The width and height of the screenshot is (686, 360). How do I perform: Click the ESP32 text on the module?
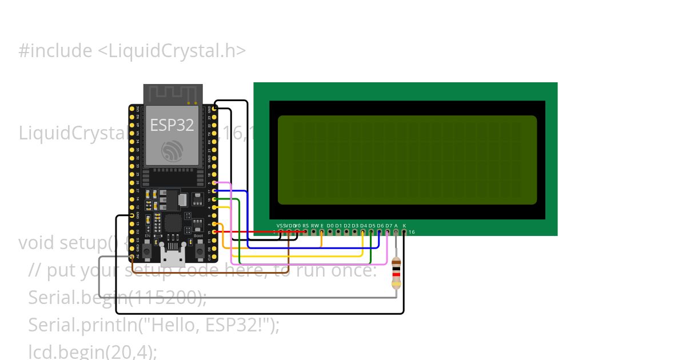tap(172, 125)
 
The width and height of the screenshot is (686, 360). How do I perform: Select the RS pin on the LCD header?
tap(305, 232)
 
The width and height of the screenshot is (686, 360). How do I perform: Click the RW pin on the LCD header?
tap(314, 232)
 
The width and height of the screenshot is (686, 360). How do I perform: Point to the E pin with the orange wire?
tap(322, 232)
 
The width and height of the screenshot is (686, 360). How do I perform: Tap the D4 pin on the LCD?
tap(363, 232)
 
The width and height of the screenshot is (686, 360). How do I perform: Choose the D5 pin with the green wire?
tap(372, 232)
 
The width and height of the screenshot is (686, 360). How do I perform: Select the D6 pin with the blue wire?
tap(380, 232)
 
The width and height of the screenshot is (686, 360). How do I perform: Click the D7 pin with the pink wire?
tap(388, 232)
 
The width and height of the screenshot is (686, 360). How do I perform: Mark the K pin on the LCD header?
tap(404, 232)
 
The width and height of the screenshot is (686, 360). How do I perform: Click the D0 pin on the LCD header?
tap(330, 232)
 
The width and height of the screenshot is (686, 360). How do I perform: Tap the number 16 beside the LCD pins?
tap(411, 232)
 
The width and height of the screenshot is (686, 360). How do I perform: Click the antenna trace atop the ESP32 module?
tap(172, 94)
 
